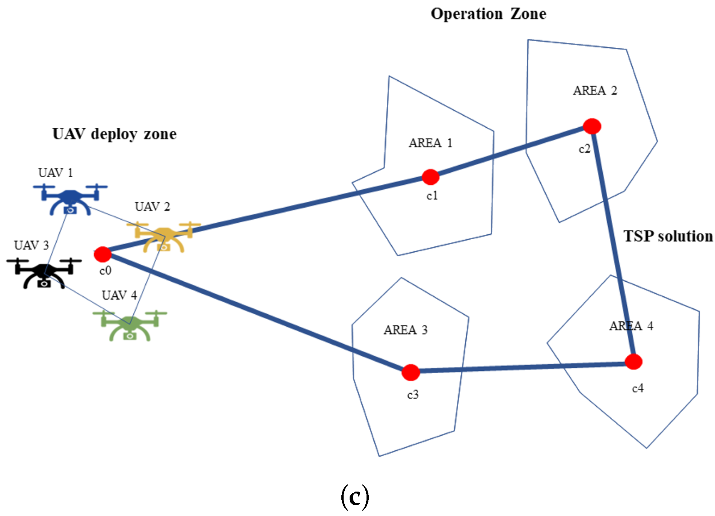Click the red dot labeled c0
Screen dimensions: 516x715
(x=103, y=254)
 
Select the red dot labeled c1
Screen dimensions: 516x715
(x=430, y=177)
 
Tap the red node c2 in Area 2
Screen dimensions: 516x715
(x=592, y=126)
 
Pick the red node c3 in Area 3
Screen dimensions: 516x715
(x=410, y=372)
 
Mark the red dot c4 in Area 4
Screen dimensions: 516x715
(x=634, y=362)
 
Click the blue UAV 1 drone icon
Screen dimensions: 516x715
(x=70, y=199)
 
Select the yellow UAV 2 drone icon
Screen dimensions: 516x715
(x=164, y=237)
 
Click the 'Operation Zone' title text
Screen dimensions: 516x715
(x=488, y=14)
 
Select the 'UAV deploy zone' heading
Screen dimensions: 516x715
(x=114, y=134)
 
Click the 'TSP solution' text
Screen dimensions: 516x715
(x=668, y=236)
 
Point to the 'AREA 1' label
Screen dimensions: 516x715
(x=430, y=143)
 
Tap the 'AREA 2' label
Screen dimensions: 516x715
(x=595, y=91)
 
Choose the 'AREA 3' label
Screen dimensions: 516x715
(x=406, y=330)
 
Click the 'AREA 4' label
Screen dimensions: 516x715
(x=631, y=326)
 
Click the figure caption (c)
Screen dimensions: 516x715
(x=355, y=497)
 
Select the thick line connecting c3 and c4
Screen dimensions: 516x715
(x=522, y=367)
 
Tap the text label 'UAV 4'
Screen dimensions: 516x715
(x=119, y=295)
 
